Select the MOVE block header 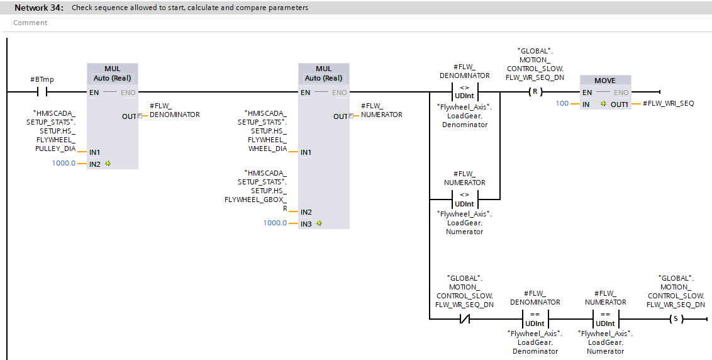604,81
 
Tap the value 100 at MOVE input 562,104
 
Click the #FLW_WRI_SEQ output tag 668,104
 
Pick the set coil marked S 676,319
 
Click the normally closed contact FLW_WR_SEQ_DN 464,319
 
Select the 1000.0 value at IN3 275,223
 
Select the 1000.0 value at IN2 64,164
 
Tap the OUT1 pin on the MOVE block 619,104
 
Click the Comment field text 30,23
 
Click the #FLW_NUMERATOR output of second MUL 381,110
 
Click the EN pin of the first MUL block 94,93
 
